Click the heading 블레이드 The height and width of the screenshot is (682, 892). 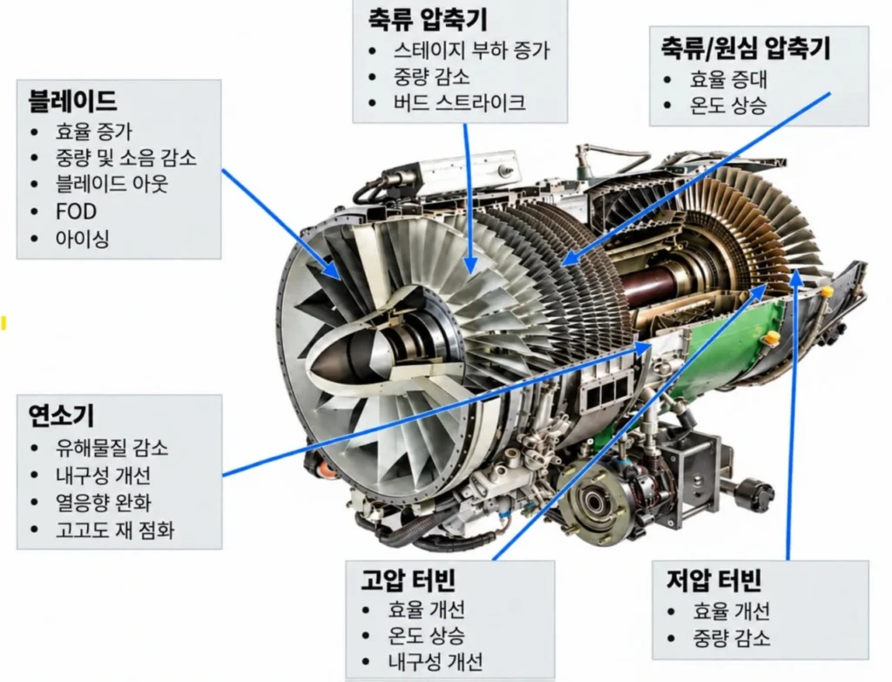(72, 101)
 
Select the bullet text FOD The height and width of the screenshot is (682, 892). (76, 212)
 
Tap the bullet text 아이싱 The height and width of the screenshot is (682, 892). (82, 239)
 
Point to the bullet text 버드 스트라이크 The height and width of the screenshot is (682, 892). (459, 103)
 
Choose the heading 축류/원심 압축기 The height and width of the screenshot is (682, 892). (746, 48)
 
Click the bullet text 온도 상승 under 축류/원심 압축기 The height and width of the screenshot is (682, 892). (728, 105)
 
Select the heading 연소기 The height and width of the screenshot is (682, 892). (61, 415)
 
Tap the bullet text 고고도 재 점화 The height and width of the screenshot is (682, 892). (114, 530)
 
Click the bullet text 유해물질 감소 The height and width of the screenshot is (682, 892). (111, 448)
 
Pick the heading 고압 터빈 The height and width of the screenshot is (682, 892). (408, 579)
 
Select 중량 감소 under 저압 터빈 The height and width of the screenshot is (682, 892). (731, 637)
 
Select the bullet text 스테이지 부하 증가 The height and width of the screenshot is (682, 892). (471, 50)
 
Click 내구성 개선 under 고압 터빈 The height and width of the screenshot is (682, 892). (436, 661)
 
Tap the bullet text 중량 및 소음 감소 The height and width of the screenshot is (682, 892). (125, 157)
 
